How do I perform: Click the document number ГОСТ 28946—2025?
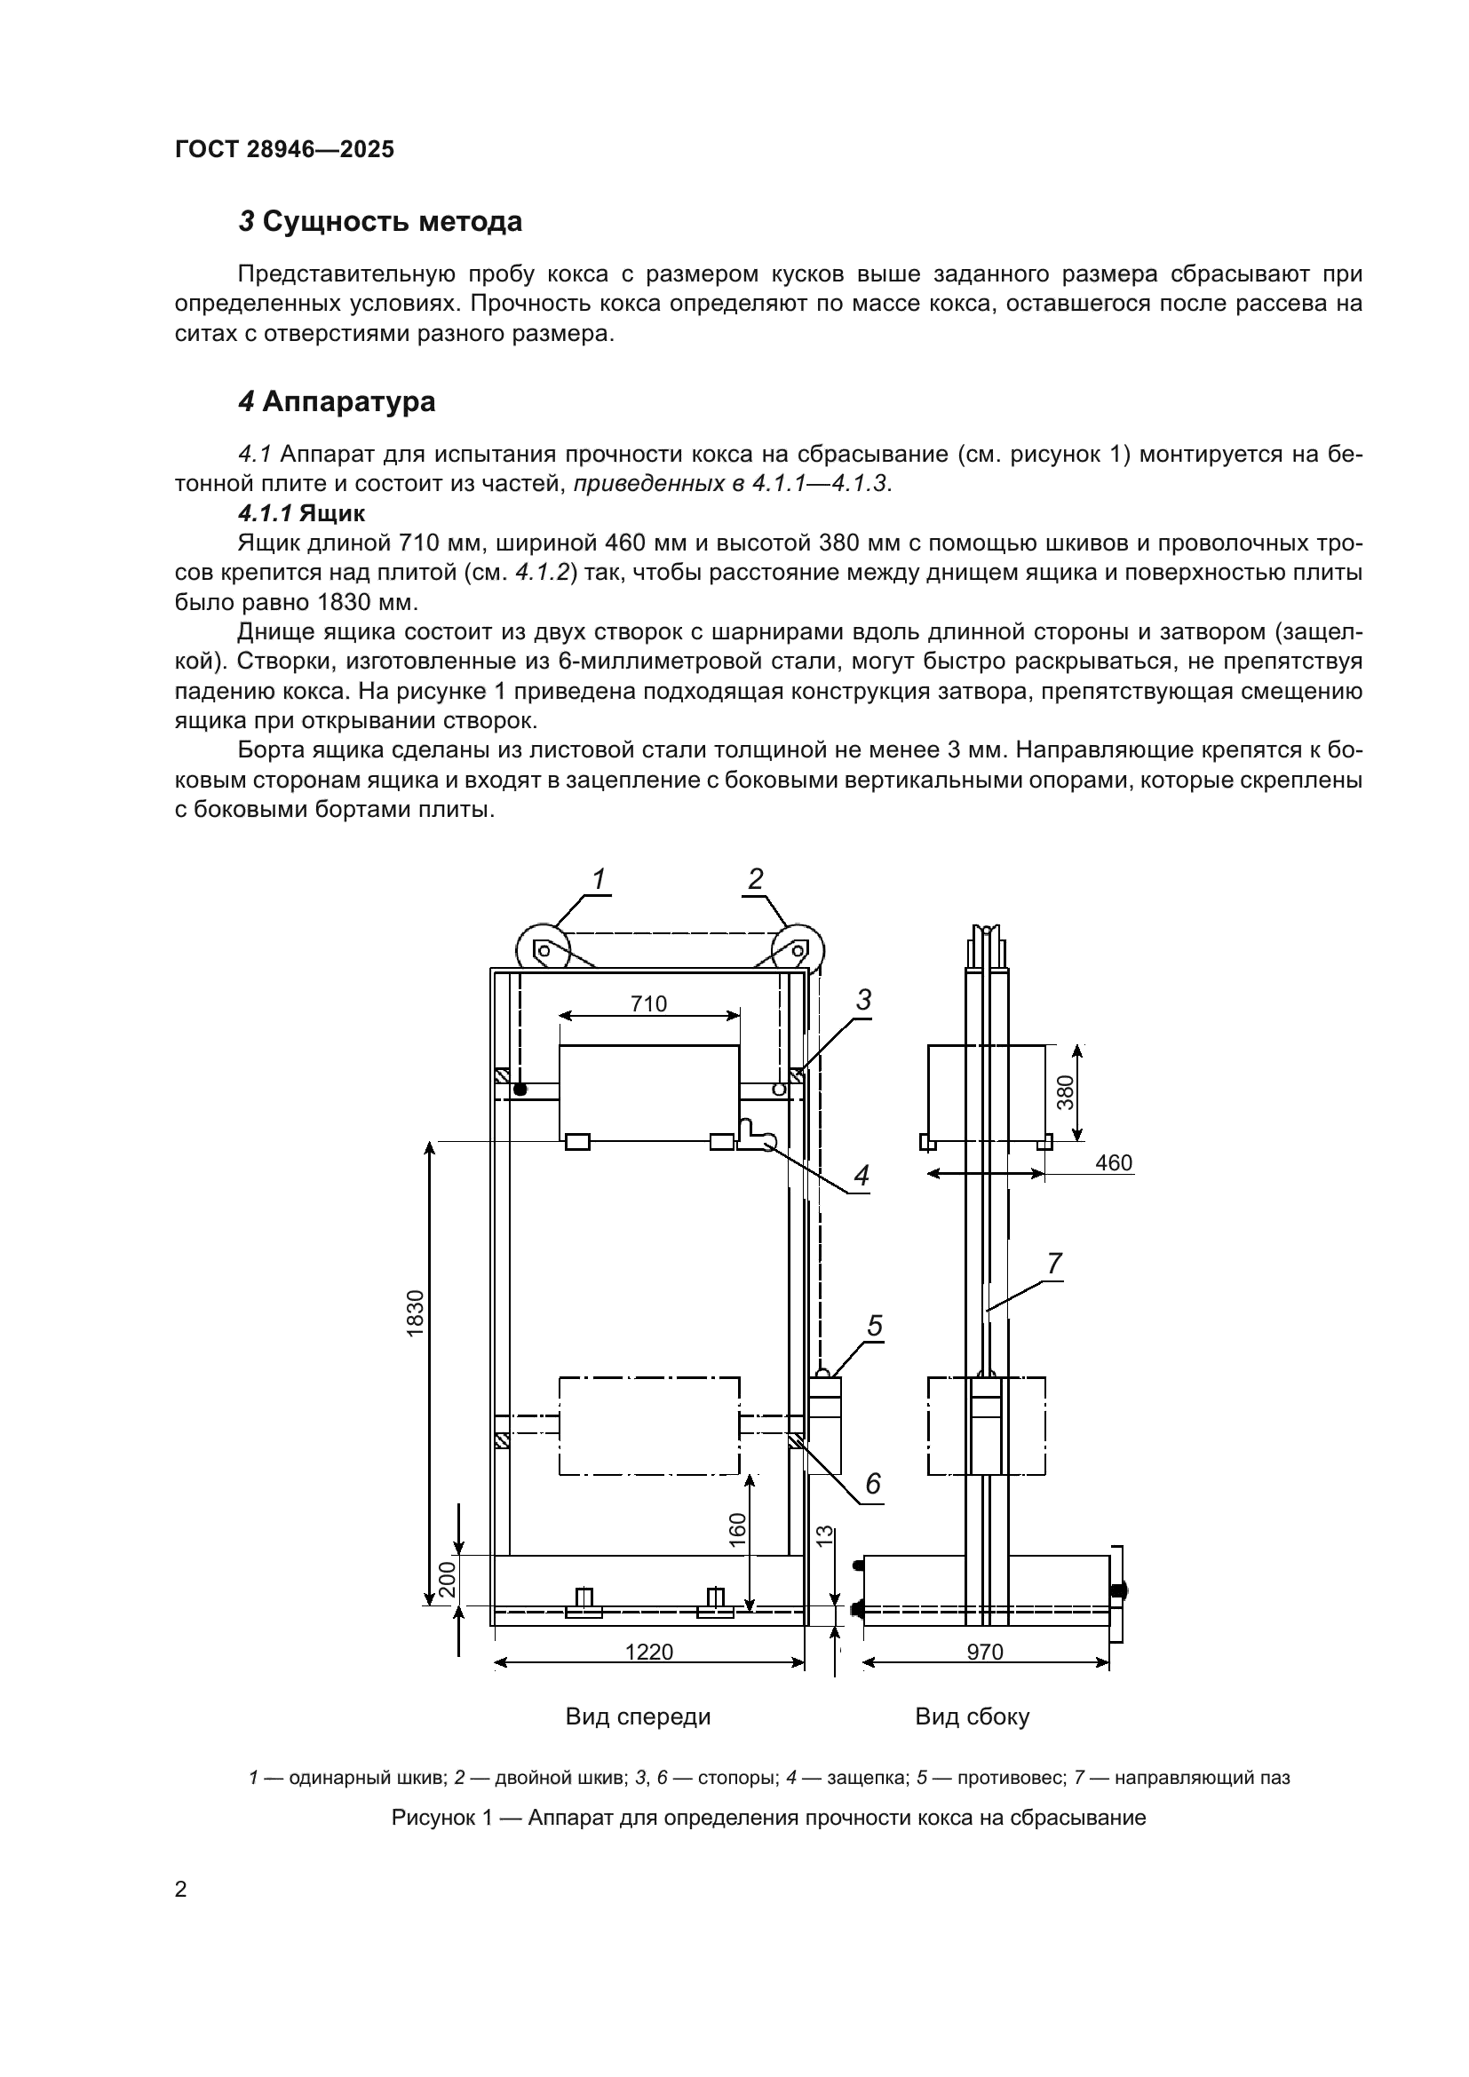[285, 149]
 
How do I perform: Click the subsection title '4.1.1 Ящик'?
[301, 514]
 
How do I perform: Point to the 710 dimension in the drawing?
[648, 1003]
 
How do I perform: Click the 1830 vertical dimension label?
[415, 1313]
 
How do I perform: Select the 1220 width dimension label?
[648, 1652]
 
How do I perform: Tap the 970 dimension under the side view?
[985, 1652]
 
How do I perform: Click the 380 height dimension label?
[1066, 1092]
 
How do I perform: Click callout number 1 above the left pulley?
[598, 879]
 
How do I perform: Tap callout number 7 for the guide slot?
[1055, 1264]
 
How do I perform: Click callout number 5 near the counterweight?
[875, 1326]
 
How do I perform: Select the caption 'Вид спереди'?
[638, 1716]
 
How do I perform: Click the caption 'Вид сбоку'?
[973, 1716]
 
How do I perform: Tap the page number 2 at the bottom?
[181, 1890]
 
